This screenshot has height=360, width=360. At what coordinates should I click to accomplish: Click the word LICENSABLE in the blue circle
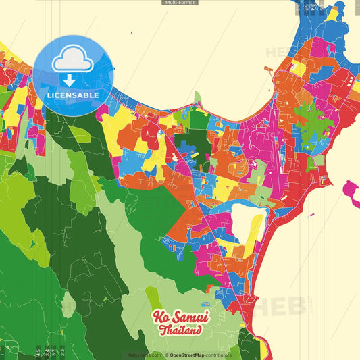point(73,95)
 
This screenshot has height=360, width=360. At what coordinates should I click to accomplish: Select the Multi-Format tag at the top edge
point(180,3)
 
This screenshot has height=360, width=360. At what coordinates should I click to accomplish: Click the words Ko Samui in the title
point(180,317)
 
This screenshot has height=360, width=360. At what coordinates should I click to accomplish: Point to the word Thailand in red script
point(180,331)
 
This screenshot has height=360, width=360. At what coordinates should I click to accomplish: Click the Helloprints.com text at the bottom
point(144,355)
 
